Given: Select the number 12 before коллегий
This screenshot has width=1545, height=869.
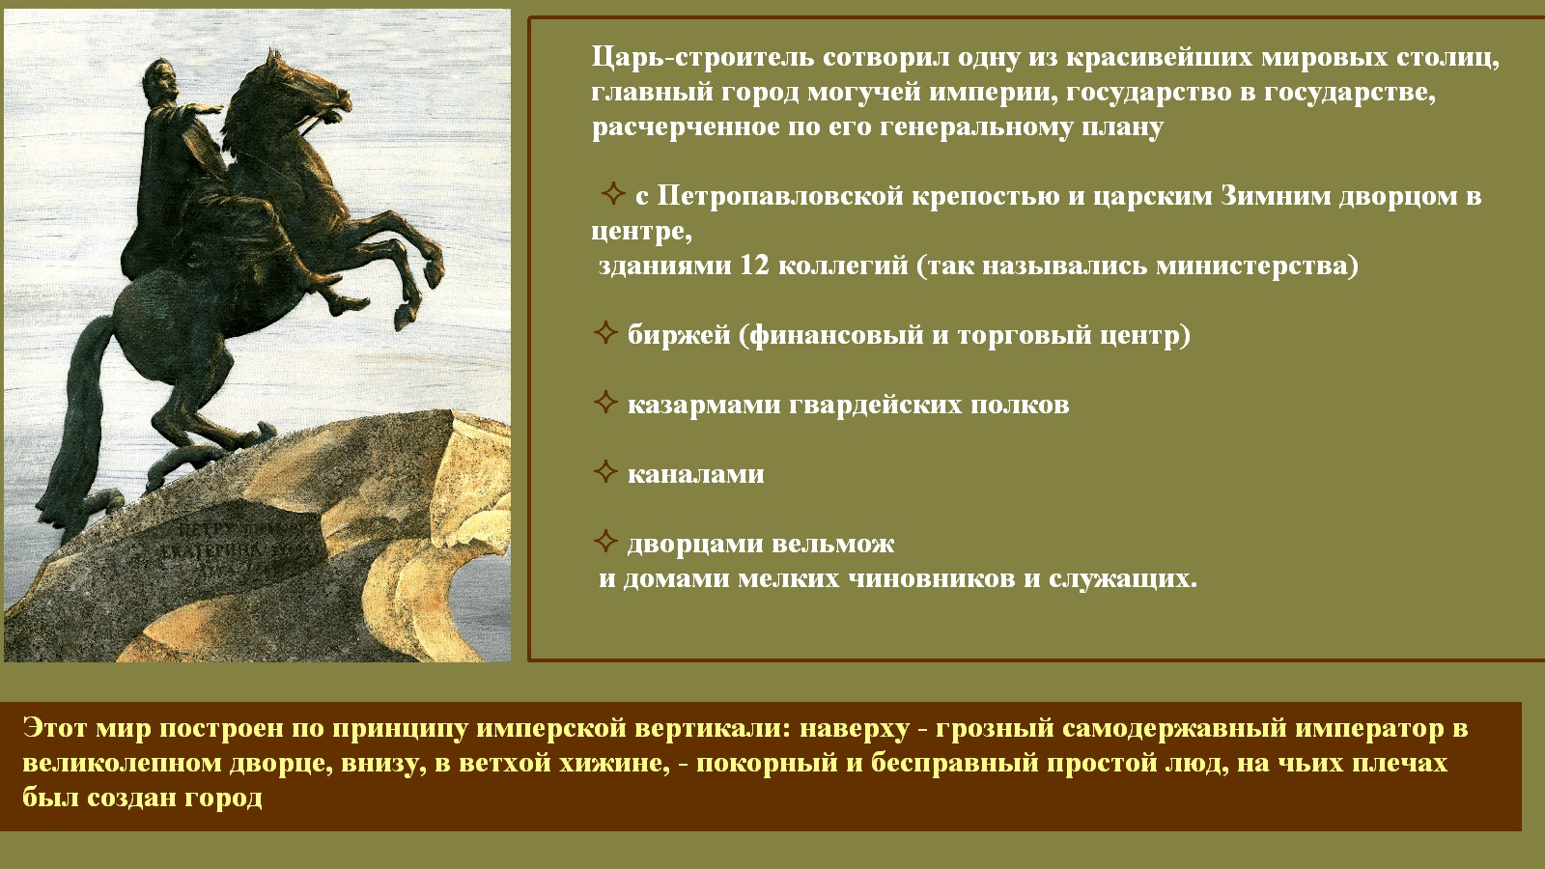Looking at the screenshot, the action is [x=754, y=265].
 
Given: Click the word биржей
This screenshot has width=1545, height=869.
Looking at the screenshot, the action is [x=679, y=335].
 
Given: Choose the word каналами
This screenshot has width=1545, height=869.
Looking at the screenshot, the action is [x=695, y=474].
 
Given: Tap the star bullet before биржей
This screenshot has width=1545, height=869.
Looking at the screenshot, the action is [x=604, y=332].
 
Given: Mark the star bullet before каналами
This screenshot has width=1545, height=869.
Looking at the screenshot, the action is [x=604, y=472].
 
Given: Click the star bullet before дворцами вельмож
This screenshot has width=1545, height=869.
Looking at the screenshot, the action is [x=604, y=542].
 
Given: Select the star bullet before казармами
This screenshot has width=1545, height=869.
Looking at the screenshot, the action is [x=604, y=402].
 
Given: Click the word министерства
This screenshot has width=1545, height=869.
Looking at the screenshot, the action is [x=1257, y=266].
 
